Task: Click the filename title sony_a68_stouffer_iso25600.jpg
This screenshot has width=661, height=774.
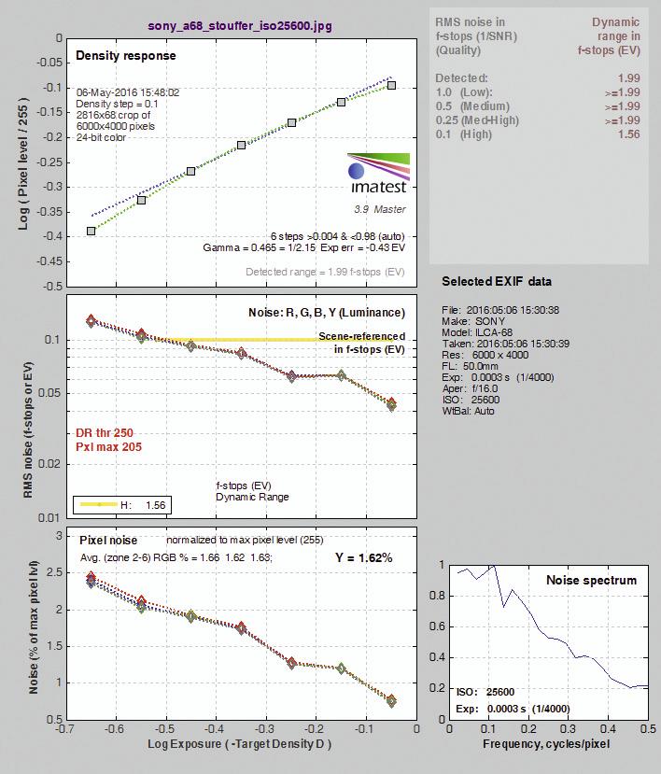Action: pos(240,25)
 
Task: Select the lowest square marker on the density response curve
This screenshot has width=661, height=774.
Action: pos(91,231)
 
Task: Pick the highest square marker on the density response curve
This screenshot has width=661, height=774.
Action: pos(391,85)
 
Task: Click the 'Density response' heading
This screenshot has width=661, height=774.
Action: pos(126,55)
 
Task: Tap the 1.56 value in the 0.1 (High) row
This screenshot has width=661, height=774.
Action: pos(629,134)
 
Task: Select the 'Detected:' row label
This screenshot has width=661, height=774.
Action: pos(461,78)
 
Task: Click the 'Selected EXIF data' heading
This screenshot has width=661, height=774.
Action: pos(497,281)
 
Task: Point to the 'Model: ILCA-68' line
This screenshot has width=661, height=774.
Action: pos(477,332)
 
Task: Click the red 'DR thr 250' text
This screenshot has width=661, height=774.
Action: pos(105,433)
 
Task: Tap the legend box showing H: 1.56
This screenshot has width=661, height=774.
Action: pos(122,505)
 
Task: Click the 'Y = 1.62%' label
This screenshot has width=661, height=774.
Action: pos(364,557)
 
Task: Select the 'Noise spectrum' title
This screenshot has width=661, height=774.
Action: pos(591,580)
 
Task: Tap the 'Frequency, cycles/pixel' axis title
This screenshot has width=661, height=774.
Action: pos(546,744)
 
